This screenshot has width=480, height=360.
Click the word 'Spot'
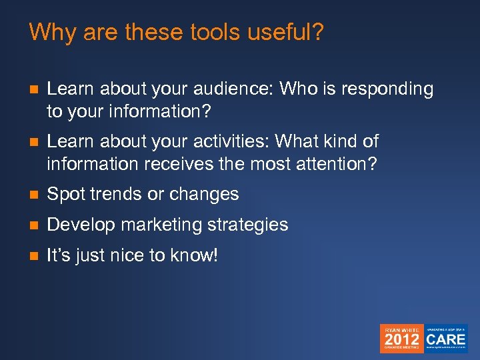click(x=63, y=194)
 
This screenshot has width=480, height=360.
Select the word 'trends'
click(x=111, y=194)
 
